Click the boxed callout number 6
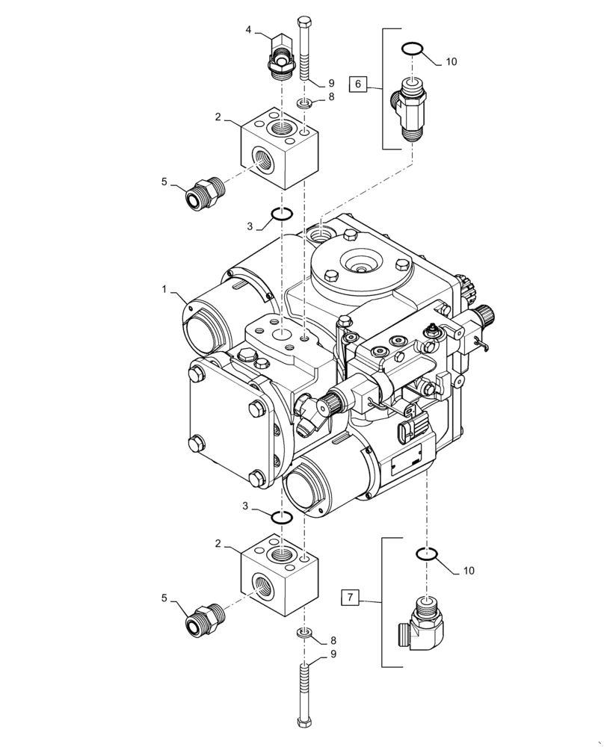(x=358, y=84)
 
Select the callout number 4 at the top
(x=249, y=30)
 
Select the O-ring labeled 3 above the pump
(x=280, y=215)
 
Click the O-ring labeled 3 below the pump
(x=280, y=518)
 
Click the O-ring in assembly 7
(x=425, y=554)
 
